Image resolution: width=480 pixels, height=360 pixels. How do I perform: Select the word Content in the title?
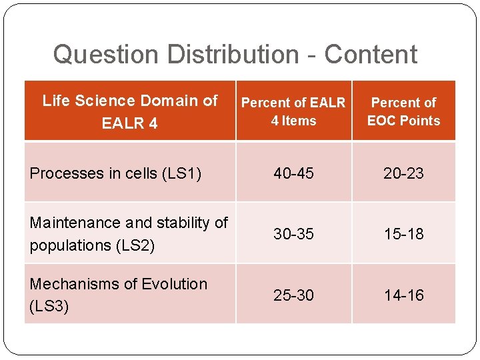tap(371, 55)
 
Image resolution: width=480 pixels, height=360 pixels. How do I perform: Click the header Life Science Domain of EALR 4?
tap(130, 111)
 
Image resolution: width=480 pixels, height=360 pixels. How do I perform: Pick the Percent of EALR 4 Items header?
tap(293, 111)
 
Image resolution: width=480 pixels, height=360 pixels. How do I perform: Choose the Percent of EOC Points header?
tap(403, 111)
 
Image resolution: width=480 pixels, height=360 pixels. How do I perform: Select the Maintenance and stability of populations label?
tap(129, 233)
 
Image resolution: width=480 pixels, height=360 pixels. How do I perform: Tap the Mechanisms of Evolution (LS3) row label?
tap(118, 295)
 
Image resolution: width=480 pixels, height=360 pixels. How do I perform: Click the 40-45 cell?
tap(293, 173)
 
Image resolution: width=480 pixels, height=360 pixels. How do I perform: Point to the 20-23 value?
tap(403, 173)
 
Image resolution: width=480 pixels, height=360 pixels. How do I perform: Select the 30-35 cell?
tap(293, 234)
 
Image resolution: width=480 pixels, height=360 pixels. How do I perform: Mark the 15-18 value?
tap(403, 234)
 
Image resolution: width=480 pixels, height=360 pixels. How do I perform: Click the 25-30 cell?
tap(293, 295)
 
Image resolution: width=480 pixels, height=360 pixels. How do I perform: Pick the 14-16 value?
tap(403, 295)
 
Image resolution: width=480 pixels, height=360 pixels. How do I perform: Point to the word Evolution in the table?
tap(173, 284)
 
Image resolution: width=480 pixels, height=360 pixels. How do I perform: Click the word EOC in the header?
tap(382, 121)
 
